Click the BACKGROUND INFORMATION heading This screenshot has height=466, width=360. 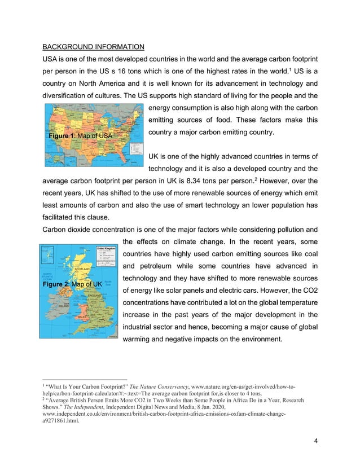click(x=94, y=46)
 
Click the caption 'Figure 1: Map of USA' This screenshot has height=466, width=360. click(x=81, y=137)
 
